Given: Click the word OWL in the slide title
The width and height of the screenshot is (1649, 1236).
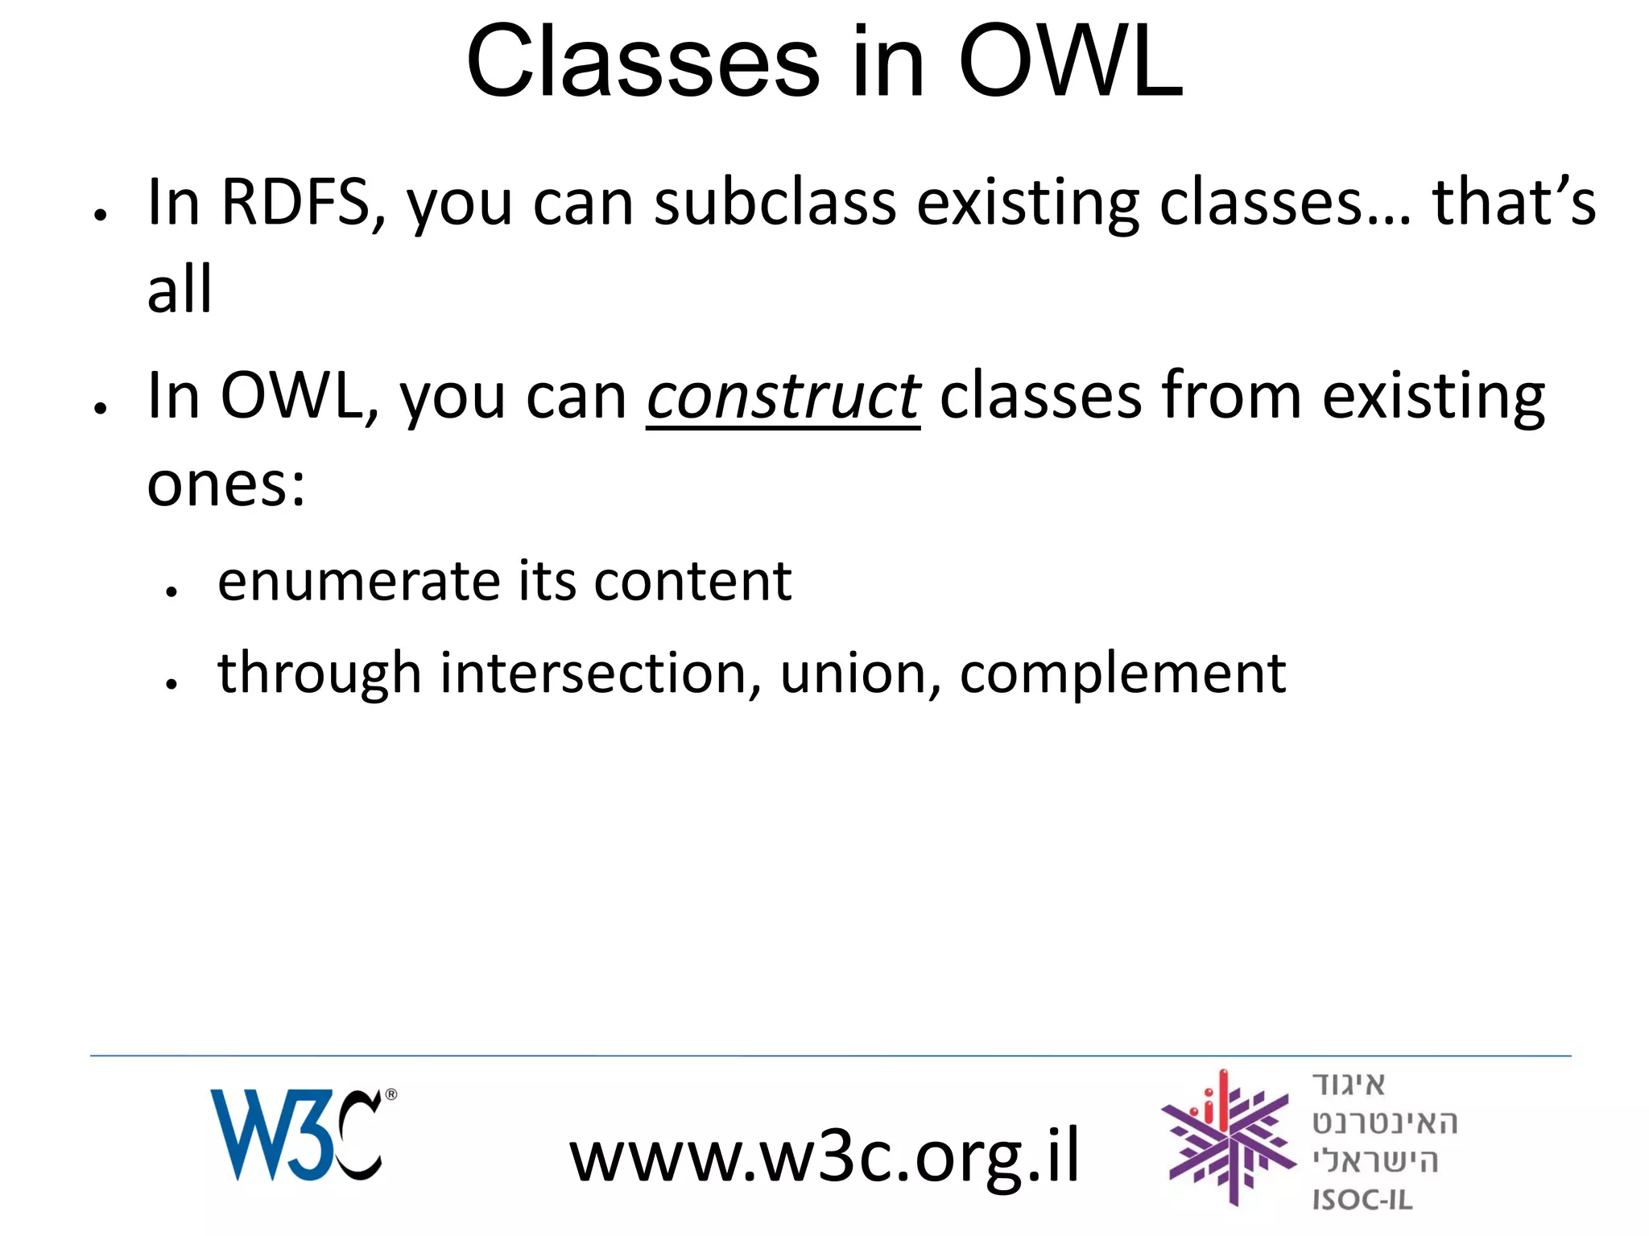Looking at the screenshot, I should (1070, 63).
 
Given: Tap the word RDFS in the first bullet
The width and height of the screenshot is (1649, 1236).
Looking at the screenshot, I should (295, 202).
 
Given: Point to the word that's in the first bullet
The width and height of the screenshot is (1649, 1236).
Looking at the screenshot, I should (1513, 202).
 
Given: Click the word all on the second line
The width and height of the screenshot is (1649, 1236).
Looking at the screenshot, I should (180, 289).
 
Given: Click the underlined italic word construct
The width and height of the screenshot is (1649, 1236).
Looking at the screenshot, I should (783, 397).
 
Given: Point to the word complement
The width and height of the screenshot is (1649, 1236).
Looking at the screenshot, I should (1122, 675).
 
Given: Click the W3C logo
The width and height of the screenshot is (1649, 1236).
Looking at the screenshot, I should (295, 1135).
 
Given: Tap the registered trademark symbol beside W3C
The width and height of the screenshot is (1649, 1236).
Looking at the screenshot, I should (391, 1094).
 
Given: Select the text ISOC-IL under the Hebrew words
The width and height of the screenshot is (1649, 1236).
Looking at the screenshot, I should (1362, 1200).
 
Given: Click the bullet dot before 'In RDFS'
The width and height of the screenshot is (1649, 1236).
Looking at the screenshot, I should (100, 215).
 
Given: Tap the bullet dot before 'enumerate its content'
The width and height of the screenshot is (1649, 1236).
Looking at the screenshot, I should (171, 592).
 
